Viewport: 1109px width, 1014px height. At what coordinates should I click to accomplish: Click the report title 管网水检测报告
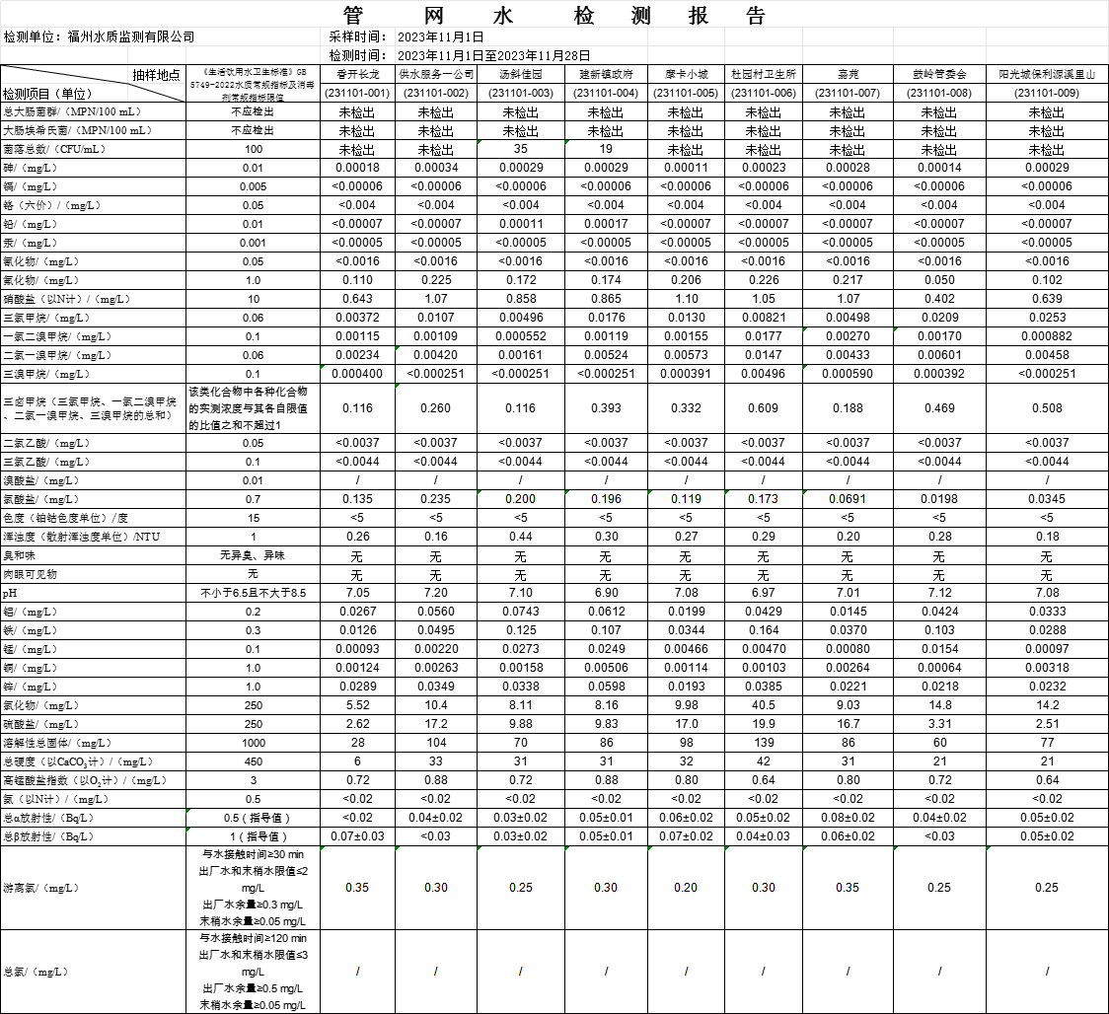coord(554,17)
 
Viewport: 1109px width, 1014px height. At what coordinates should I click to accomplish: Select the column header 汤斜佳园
coord(520,74)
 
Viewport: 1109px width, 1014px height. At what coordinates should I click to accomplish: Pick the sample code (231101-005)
coord(686,93)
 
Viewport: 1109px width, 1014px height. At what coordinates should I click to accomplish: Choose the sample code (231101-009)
coord(1047,93)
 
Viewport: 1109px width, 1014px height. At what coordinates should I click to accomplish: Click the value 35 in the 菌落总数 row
coord(520,149)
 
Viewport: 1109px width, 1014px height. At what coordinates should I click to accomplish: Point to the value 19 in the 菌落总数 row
coord(607,149)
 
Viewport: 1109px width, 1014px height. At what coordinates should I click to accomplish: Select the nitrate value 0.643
coord(356,299)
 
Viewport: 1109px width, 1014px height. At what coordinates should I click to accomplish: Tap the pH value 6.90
coord(607,593)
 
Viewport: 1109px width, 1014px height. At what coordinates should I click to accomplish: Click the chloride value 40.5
coord(763,705)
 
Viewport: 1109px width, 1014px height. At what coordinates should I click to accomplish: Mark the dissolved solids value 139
coord(763,743)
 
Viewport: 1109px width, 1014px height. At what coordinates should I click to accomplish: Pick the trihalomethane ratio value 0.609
coord(763,408)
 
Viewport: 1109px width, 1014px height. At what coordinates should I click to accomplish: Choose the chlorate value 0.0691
coord(846,499)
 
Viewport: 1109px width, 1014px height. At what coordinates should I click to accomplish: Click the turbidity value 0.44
coord(520,537)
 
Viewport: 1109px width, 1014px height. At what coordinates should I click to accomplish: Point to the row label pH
coord(10,594)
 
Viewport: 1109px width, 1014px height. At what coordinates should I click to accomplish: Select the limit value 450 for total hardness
coord(254,761)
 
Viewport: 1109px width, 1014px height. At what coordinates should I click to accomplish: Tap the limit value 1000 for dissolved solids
coord(254,743)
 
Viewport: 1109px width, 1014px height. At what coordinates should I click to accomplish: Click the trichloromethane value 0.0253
coord(1047,318)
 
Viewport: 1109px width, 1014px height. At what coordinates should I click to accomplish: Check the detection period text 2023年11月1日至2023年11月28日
coord(493,55)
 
